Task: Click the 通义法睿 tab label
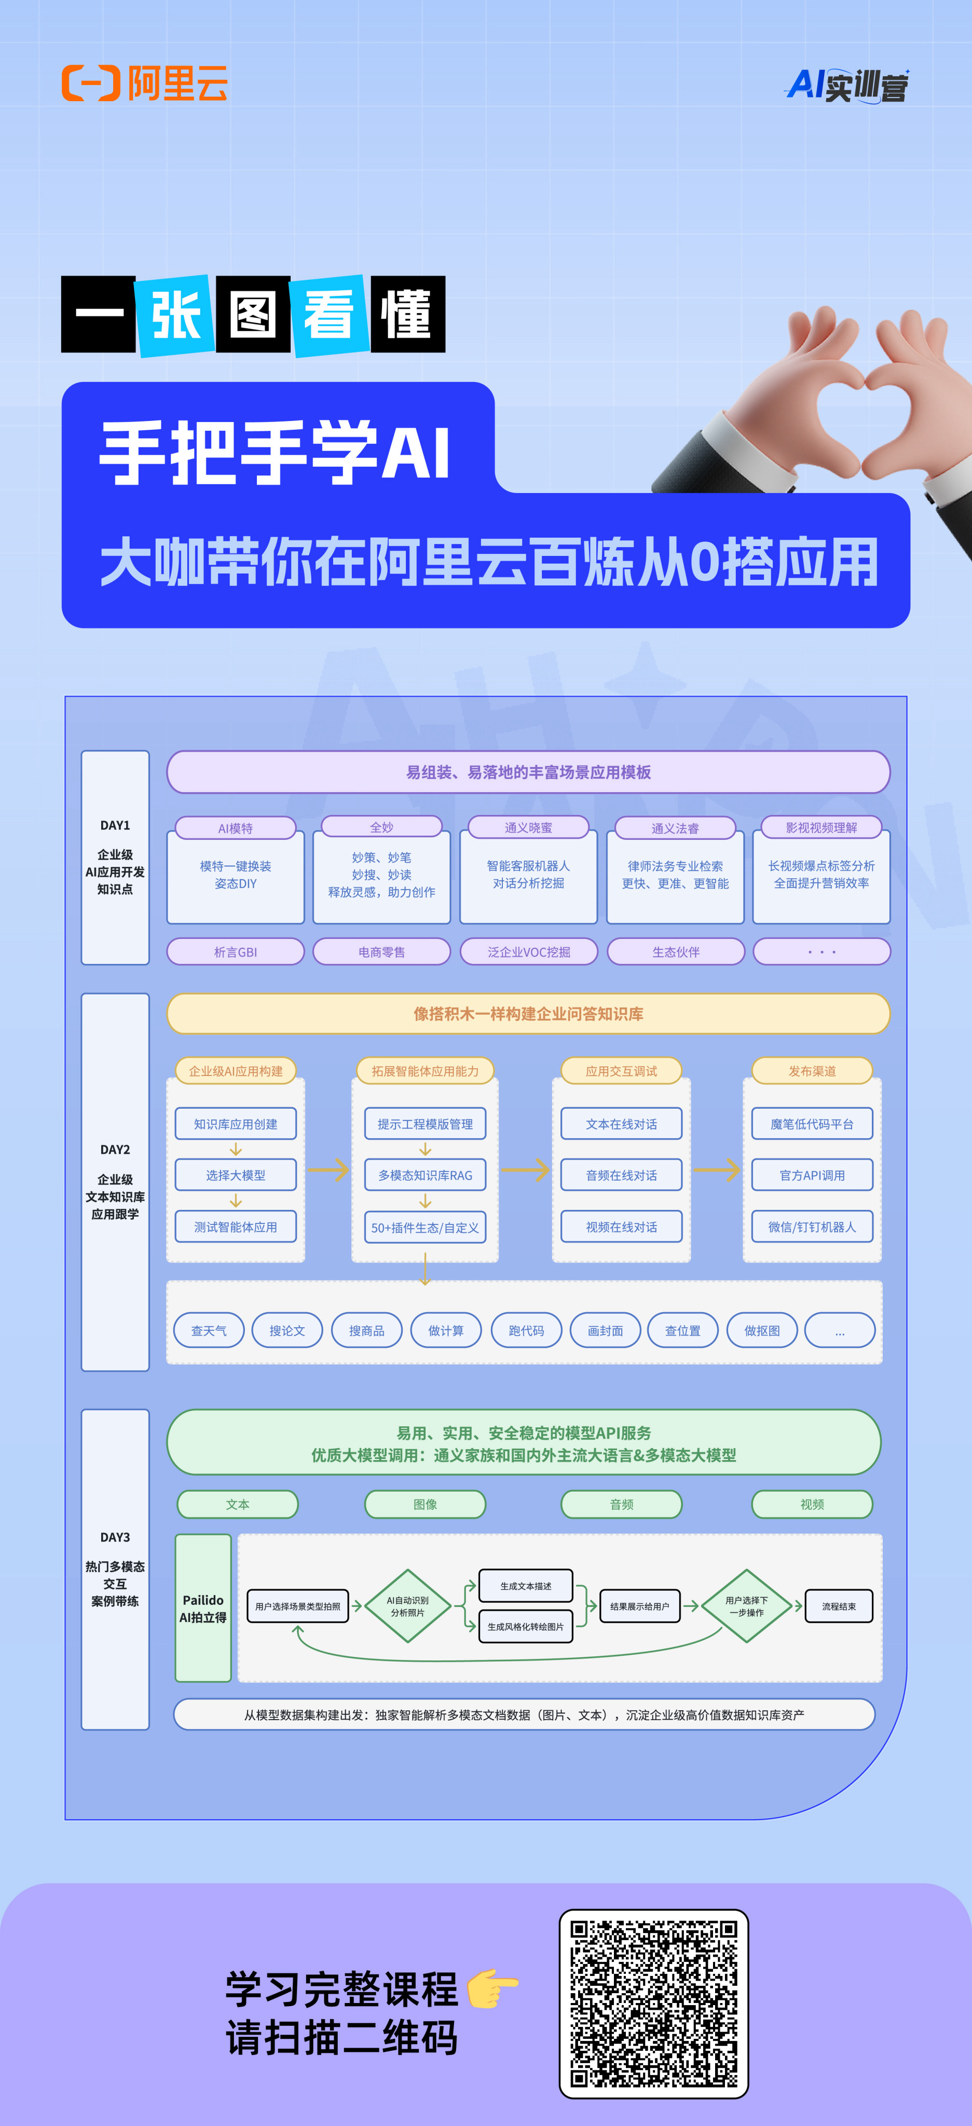[675, 828]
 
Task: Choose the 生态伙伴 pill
[676, 951]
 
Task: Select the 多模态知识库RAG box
[425, 1175]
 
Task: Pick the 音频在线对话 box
[621, 1175]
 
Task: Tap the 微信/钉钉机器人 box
[812, 1227]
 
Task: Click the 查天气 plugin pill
[209, 1330]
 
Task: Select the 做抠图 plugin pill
[762, 1330]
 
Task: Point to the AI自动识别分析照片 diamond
[407, 1606]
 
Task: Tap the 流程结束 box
[838, 1606]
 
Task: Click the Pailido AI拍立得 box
[203, 1607]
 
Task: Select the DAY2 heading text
[115, 1150]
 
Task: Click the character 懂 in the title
[407, 315]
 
